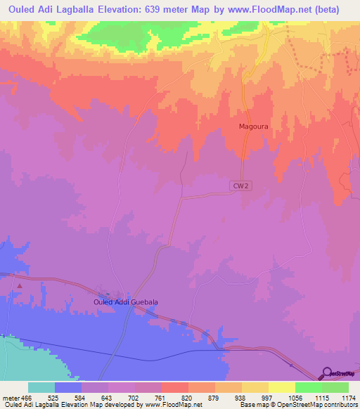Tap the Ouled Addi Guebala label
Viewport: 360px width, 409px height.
point(126,302)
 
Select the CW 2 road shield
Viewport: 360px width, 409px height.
point(239,185)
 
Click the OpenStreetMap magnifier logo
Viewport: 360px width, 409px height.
point(327,372)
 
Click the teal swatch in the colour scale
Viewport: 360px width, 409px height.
point(41,388)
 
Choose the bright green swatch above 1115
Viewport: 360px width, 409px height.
point(308,388)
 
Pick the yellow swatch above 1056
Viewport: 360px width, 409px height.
point(281,388)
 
